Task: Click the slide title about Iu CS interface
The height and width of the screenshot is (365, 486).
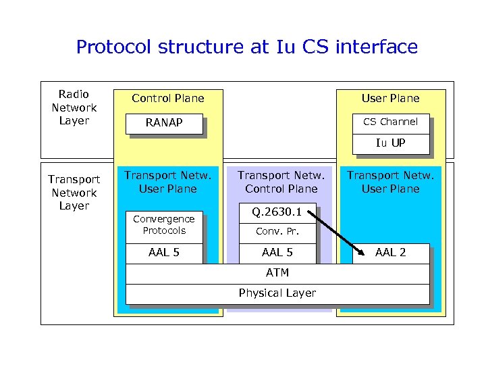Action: pos(246,47)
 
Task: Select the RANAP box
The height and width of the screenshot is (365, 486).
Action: pos(165,124)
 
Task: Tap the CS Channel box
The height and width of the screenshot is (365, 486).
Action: pos(390,122)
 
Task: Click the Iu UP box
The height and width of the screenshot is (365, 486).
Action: pos(390,143)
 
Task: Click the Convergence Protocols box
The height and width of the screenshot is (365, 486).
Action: pos(164,225)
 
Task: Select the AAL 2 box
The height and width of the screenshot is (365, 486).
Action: pos(390,253)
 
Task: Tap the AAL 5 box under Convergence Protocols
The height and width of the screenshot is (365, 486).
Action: pos(164,253)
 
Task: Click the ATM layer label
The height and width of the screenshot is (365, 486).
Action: pos(277,273)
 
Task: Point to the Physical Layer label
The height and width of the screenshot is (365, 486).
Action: pos(277,293)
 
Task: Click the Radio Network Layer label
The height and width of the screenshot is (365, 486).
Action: pos(74,107)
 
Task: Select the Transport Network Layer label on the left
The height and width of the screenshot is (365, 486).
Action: pos(74,193)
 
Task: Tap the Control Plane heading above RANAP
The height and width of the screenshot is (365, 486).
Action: pos(167,98)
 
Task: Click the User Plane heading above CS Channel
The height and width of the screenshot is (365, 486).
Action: pos(390,98)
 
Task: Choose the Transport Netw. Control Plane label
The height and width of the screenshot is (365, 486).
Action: pos(281,182)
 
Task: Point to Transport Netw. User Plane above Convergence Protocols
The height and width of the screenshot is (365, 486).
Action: pos(167,182)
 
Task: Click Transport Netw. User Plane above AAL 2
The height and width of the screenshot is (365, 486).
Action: pos(390,182)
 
